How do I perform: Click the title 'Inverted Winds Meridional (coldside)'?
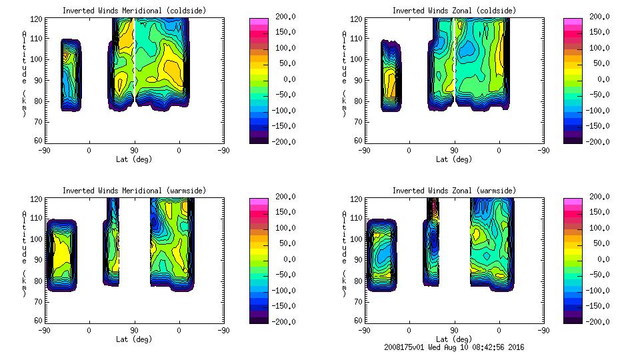tap(134, 11)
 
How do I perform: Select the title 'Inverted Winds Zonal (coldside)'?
tap(454, 11)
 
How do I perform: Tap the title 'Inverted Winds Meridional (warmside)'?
tap(134, 191)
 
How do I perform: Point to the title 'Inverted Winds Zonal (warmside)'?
tap(454, 191)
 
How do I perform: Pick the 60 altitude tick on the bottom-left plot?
tap(39, 321)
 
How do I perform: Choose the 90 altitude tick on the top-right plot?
tap(359, 80)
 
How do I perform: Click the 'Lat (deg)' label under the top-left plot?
tap(134, 159)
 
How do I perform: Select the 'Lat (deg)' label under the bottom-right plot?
tap(454, 339)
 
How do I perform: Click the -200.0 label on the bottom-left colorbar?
tap(281, 322)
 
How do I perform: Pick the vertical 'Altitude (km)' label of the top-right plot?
tap(344, 73)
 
